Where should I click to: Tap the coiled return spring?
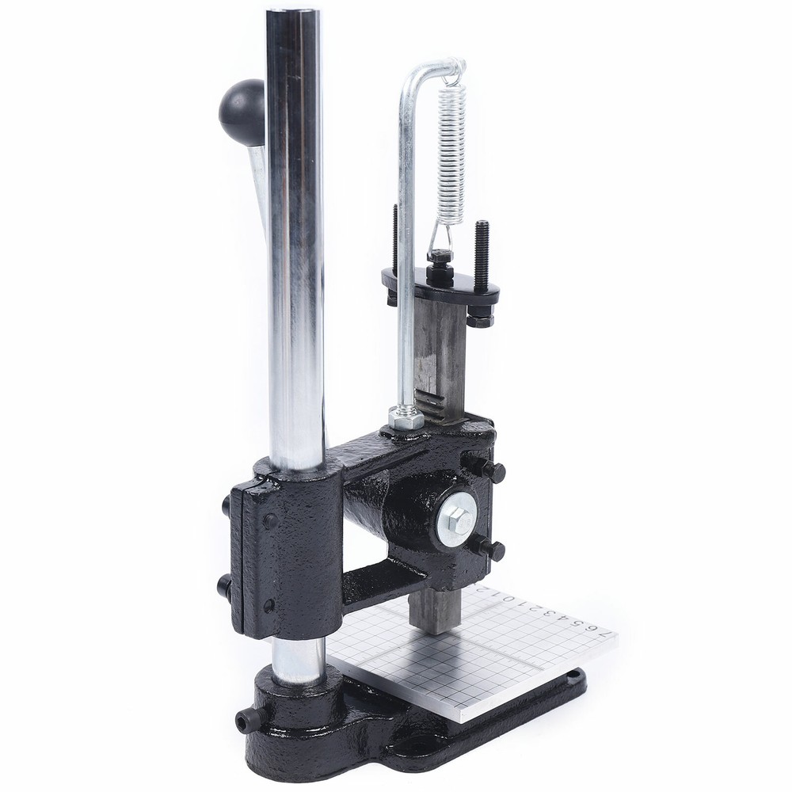[449, 150]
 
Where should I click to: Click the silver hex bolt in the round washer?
[457, 520]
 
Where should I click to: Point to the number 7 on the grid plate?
[607, 636]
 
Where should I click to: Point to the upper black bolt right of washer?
[493, 472]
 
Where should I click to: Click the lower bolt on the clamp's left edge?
[224, 586]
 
